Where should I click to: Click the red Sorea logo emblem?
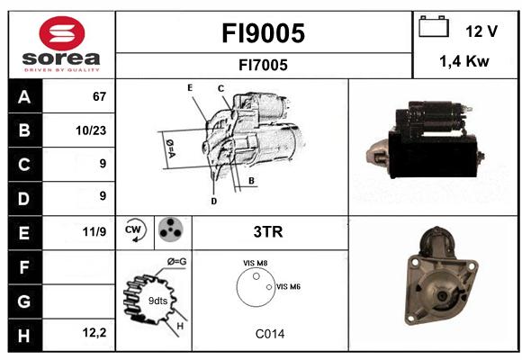point(62,33)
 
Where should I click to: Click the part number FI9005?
point(264,33)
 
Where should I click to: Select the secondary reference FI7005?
point(263,65)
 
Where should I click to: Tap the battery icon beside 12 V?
point(434,26)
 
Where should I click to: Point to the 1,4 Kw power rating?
point(464,61)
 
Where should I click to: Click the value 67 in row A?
point(99,96)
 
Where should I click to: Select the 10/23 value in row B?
point(91,130)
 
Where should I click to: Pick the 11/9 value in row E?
point(94,231)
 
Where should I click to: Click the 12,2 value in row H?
point(94,332)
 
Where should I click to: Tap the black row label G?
point(24,301)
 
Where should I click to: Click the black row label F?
point(24,267)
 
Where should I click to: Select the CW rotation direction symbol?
point(134,230)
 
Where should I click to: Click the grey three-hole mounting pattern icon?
point(170,229)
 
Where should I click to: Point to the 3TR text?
point(268,232)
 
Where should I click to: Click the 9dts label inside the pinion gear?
point(157,301)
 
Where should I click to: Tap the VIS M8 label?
point(255,263)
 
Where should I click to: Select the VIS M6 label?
point(288,286)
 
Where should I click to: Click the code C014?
point(270,334)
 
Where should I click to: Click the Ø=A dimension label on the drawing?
point(170,148)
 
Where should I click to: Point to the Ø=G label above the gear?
point(176,262)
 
